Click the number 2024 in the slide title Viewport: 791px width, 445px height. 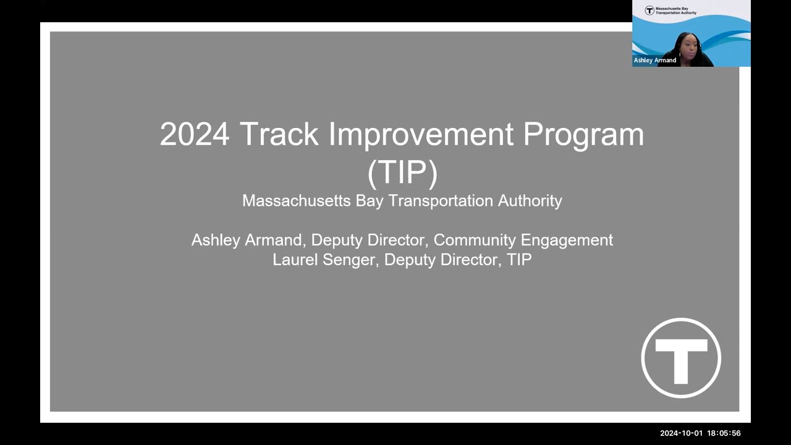click(x=194, y=134)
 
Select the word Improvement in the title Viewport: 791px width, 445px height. click(x=421, y=134)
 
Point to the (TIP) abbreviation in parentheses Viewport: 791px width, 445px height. click(x=402, y=171)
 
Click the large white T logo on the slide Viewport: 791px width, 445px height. click(x=681, y=358)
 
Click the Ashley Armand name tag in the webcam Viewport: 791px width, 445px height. click(x=655, y=61)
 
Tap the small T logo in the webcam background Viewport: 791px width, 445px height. click(x=649, y=11)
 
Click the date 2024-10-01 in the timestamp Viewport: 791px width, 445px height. click(x=680, y=433)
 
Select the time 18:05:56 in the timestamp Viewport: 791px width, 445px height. click(x=724, y=433)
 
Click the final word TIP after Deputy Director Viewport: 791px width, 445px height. click(x=519, y=260)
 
